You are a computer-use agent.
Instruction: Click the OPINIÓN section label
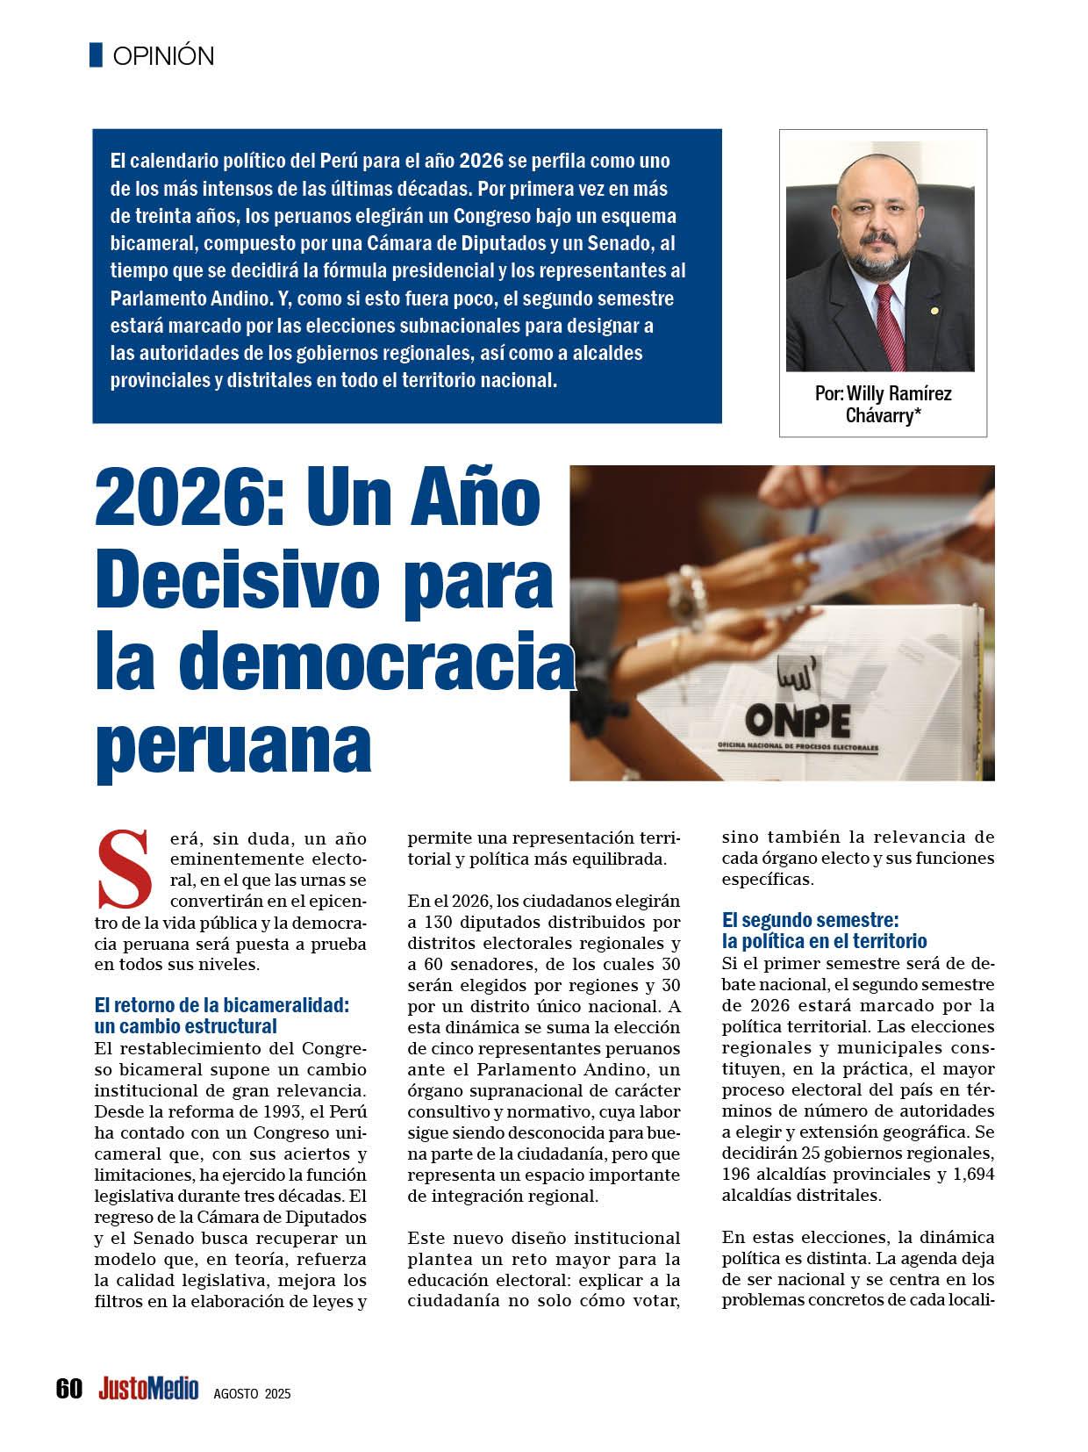coord(163,56)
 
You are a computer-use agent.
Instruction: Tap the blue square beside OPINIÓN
coord(96,55)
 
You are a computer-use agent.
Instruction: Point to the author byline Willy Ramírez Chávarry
coord(883,404)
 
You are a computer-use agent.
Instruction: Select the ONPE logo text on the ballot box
coord(797,720)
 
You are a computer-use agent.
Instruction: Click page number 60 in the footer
coord(68,1389)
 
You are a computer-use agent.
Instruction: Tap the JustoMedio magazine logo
coord(148,1389)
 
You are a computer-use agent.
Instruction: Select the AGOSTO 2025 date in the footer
coord(252,1393)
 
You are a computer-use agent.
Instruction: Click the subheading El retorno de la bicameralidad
coord(221,1006)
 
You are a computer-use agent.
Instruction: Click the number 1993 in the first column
coord(284,1111)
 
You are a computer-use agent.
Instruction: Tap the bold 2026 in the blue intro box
coord(483,162)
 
